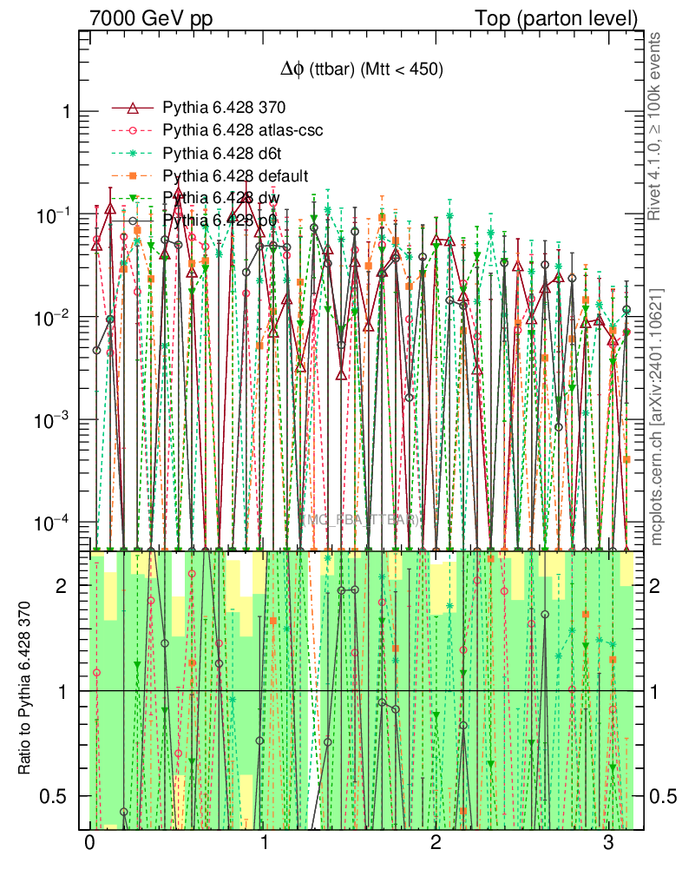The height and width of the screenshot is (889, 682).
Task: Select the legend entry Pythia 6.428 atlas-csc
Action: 243,131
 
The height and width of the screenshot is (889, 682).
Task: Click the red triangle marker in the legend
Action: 133,108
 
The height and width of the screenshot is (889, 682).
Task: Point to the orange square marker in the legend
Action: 133,176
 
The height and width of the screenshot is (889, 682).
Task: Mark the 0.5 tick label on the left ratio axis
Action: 59,796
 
